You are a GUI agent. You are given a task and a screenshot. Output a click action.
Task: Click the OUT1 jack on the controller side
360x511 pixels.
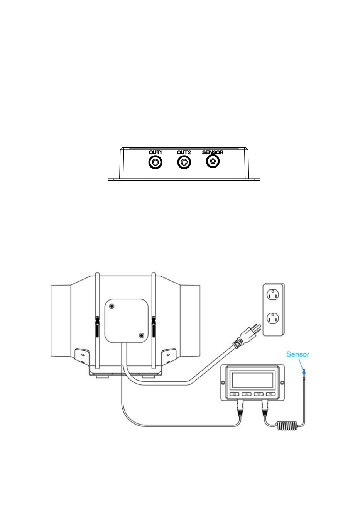point(155,162)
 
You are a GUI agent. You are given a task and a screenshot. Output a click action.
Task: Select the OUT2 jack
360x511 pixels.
point(184,162)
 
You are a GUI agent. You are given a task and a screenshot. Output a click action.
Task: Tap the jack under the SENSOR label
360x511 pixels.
point(213,161)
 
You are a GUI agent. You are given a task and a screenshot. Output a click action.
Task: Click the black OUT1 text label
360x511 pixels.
point(155,152)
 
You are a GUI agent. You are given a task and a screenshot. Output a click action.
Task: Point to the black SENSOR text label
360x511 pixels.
point(213,152)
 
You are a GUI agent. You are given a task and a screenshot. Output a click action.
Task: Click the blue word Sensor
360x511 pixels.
point(298,354)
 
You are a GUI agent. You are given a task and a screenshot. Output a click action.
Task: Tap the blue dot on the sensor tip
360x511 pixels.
point(304,372)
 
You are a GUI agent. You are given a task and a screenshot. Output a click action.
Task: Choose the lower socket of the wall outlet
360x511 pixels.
point(273,318)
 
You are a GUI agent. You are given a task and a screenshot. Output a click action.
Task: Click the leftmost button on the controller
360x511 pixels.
point(234,394)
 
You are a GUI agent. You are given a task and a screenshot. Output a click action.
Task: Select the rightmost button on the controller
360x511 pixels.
point(270,394)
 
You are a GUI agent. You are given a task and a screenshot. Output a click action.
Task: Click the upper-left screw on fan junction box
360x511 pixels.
point(112,306)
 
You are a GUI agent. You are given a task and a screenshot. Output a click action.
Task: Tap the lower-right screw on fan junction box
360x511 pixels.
point(142,335)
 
